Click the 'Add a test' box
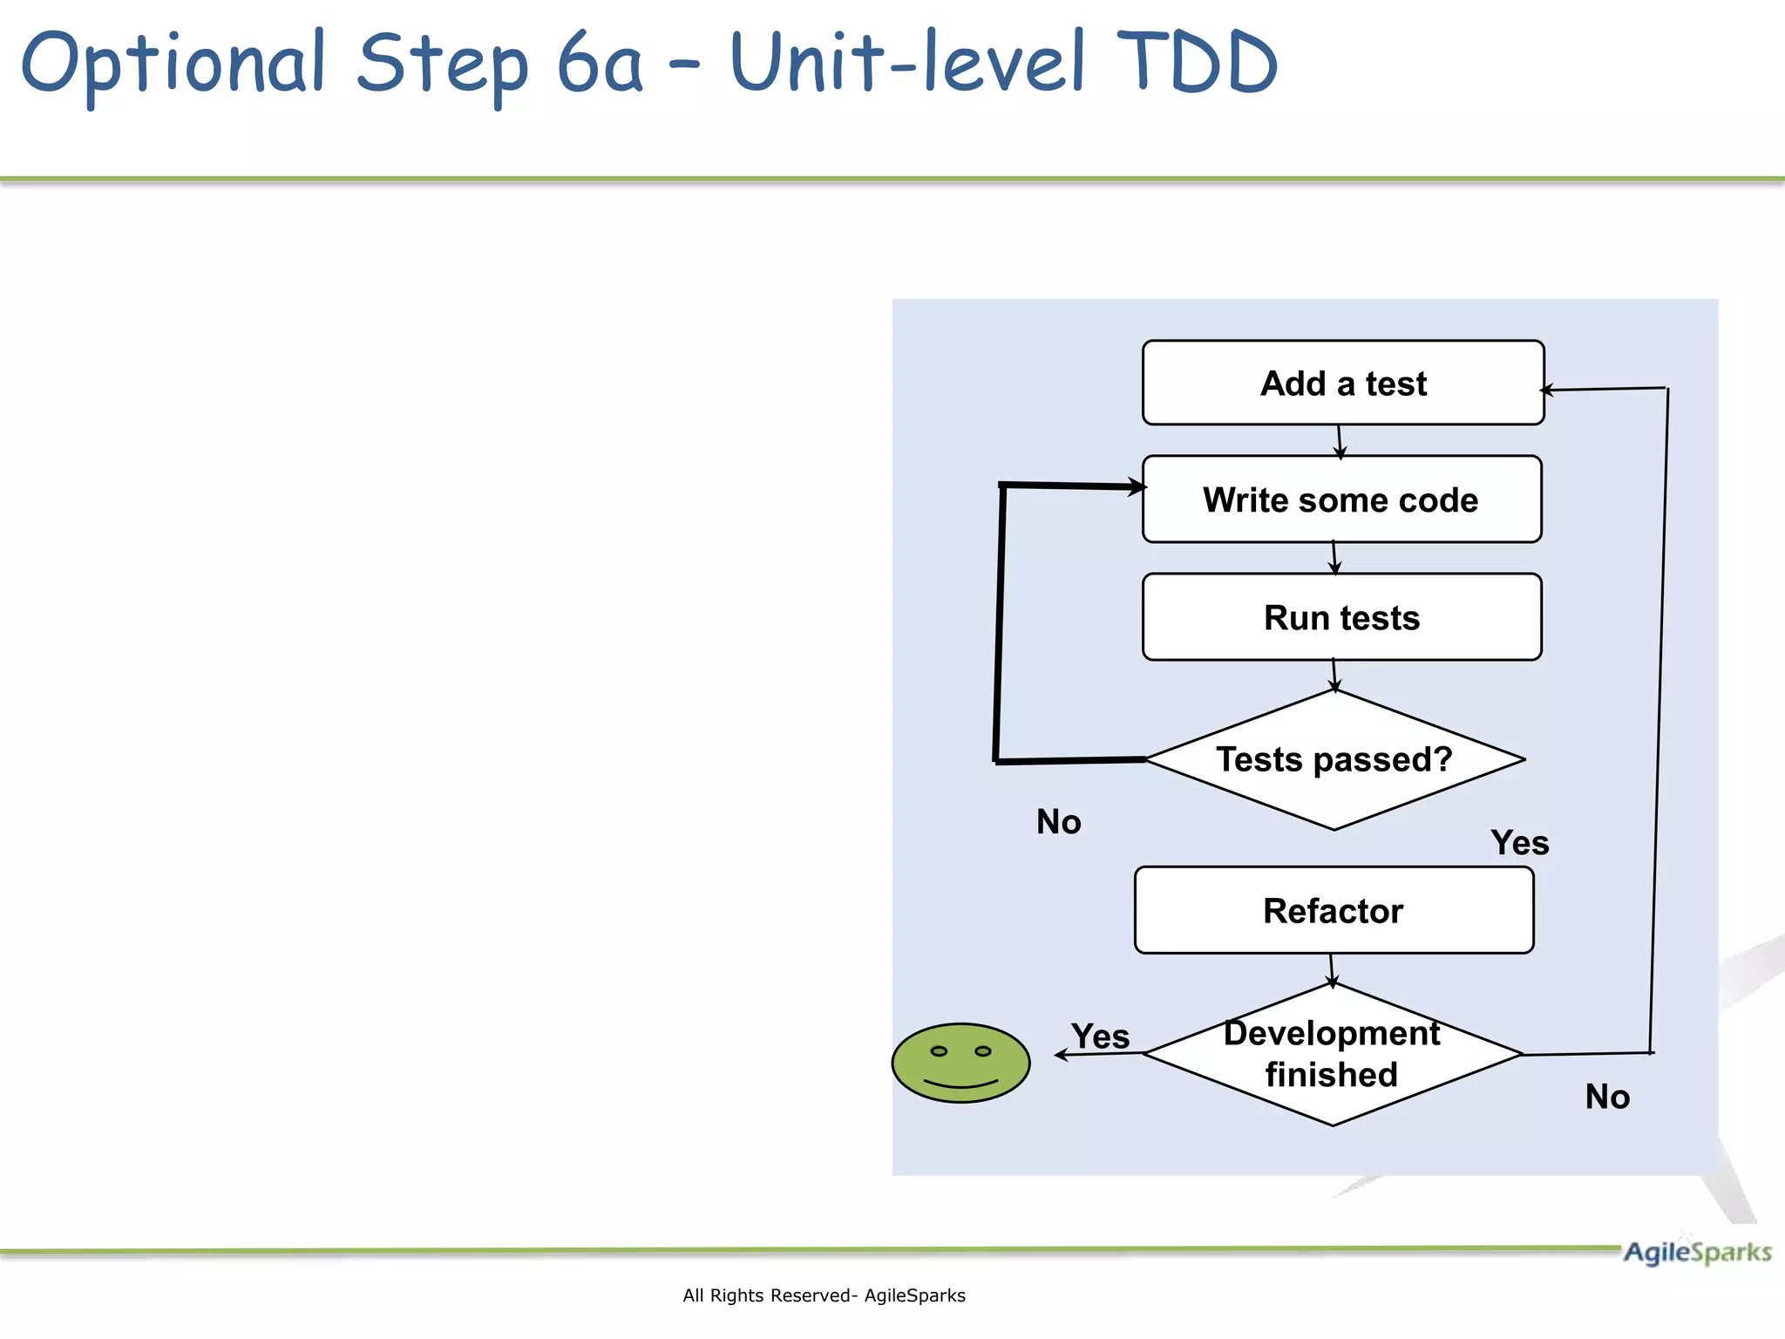1342,384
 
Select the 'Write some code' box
1340,500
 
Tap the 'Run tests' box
1340,617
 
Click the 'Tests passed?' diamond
1334,759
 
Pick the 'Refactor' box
1333,910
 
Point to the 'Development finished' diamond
1331,1054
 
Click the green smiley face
960,1063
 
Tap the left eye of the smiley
939,1051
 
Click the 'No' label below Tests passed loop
1058,822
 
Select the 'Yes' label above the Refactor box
1519,843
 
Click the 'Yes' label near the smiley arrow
1100,1037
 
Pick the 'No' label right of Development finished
1606,1097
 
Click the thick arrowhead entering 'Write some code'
1137,486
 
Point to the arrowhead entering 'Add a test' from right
1548,390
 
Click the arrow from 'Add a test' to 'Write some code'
1340,441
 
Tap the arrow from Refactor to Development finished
1332,969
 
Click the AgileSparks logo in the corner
1696,1253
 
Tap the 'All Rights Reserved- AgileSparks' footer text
824,1295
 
